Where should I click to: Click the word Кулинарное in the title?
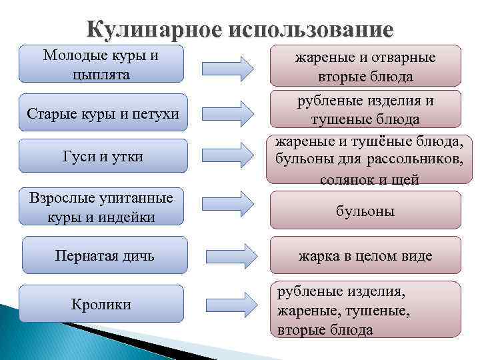click(155, 31)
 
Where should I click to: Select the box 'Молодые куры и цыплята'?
click(101, 64)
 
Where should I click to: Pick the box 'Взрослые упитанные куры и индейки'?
click(101, 207)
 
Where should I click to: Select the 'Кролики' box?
click(101, 305)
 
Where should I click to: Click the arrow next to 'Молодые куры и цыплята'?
click(227, 67)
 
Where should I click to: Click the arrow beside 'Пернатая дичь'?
click(227, 254)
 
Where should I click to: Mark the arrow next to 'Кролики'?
click(227, 303)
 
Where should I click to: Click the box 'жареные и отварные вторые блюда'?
click(365, 67)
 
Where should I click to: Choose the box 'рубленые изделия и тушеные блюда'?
click(365, 110)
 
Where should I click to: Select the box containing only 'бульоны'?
click(365, 211)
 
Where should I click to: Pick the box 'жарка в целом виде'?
click(365, 255)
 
